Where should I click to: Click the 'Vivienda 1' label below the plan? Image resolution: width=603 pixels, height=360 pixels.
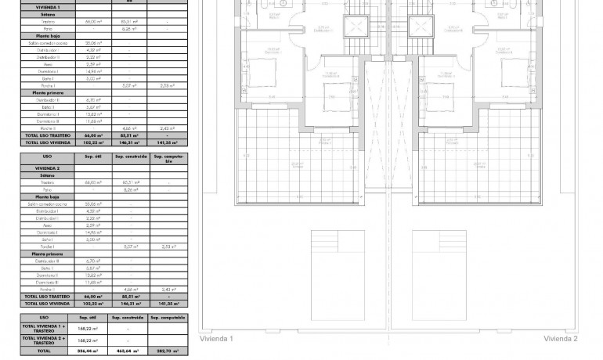217,339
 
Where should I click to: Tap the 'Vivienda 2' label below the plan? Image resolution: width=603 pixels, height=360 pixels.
561,339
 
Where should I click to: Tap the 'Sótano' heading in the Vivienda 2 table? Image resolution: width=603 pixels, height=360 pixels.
32,176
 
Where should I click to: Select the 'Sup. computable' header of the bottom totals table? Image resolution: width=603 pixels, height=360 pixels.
168,318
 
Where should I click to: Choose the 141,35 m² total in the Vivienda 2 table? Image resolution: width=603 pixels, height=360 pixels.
168,304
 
